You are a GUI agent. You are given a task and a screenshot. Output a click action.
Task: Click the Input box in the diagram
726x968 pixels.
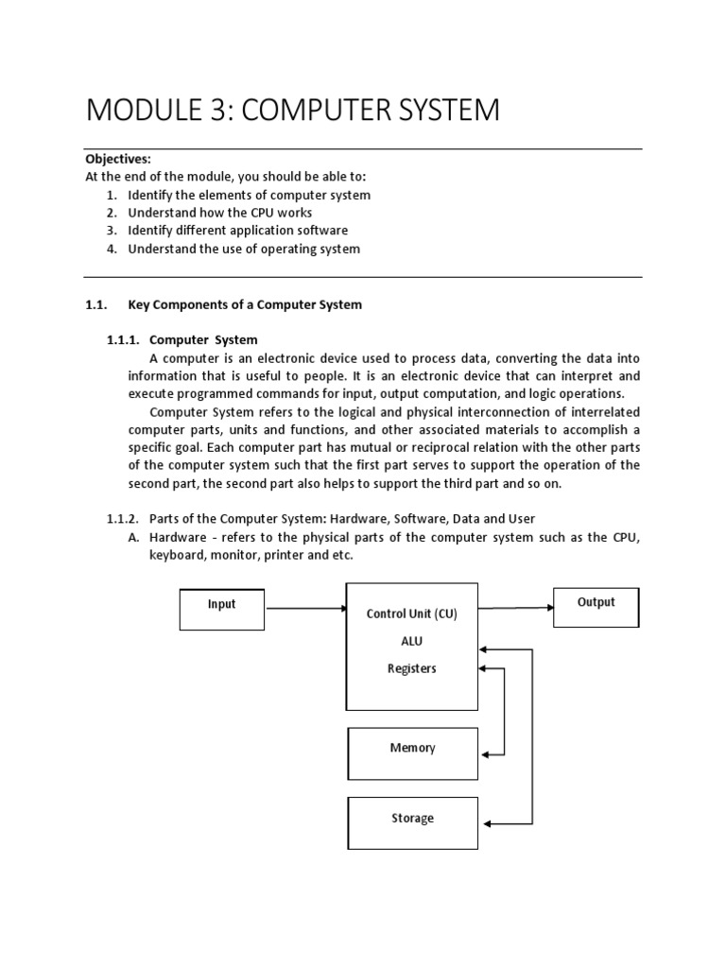click(x=221, y=608)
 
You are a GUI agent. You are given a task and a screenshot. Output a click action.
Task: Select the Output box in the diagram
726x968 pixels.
click(x=596, y=606)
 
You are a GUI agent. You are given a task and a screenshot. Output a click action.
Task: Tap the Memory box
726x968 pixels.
click(x=412, y=753)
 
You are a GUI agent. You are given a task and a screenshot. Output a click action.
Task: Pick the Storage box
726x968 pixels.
click(x=412, y=822)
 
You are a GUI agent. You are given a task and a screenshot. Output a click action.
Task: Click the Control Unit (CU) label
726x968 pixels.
click(x=411, y=614)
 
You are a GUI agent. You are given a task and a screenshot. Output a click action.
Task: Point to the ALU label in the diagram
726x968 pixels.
click(x=411, y=641)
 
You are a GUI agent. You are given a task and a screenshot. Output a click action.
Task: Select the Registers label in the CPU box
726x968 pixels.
click(x=411, y=668)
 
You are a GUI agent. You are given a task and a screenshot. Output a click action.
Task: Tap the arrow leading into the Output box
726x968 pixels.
click(x=515, y=608)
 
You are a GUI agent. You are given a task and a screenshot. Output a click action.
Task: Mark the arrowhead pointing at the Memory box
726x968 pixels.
click(x=485, y=754)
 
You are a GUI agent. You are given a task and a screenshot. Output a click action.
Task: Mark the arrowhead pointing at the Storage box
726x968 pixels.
click(x=485, y=822)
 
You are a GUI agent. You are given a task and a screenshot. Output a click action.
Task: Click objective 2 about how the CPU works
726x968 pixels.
click(x=219, y=213)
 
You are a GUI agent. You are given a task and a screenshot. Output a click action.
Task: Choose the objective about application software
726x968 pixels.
click(x=237, y=231)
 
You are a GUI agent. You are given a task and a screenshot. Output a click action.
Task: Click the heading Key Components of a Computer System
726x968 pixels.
click(x=245, y=304)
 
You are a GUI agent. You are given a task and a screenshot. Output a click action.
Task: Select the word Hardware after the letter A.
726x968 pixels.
click(x=180, y=537)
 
